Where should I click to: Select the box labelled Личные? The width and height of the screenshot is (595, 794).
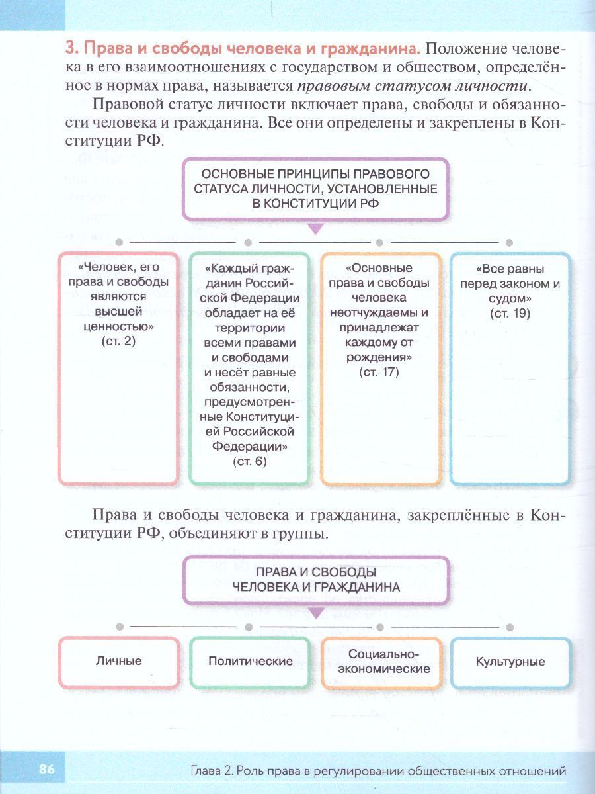click(118, 661)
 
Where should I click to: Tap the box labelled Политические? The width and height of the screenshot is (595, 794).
click(250, 661)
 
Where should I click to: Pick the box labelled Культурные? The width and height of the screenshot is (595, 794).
click(510, 661)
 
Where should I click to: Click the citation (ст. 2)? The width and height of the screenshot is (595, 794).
click(118, 341)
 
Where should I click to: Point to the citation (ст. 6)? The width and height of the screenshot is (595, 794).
click(250, 461)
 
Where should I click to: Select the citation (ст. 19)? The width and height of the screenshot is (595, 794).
click(510, 314)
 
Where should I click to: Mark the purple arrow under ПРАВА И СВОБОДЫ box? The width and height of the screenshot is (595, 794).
click(316, 613)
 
